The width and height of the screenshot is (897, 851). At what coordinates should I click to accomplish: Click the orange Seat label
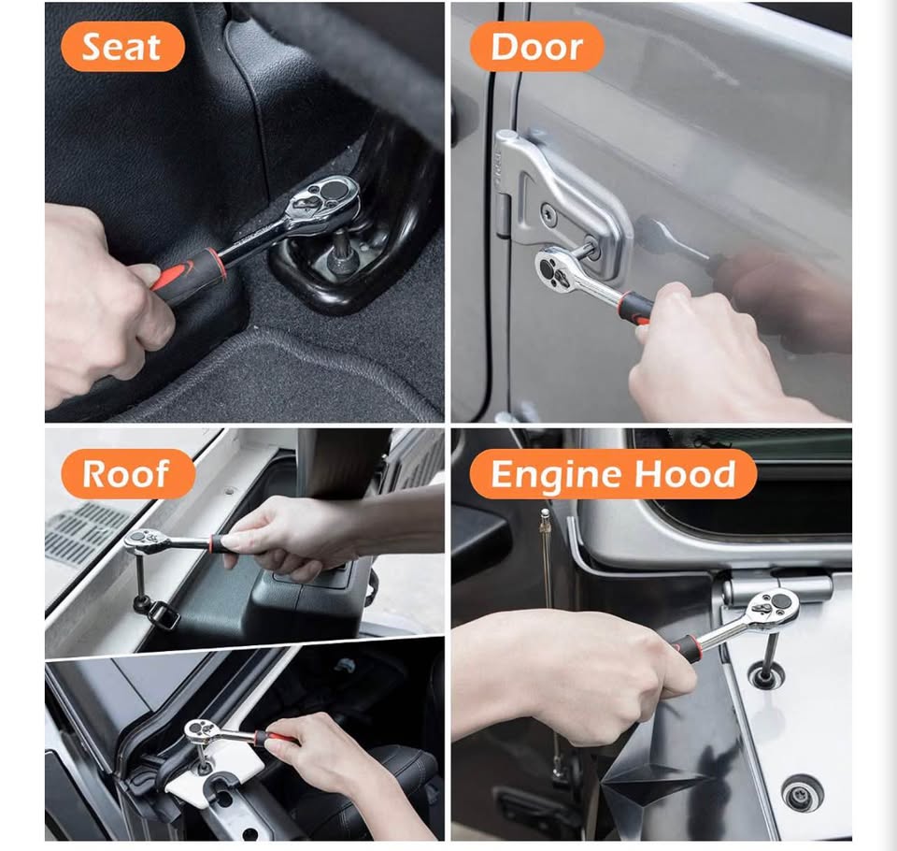(122, 47)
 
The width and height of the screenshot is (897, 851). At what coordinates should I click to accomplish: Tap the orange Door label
(536, 47)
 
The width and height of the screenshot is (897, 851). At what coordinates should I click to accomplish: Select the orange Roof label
(128, 473)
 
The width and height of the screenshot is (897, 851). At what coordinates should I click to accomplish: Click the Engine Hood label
(613, 473)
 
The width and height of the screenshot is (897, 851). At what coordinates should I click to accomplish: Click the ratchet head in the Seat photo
(324, 202)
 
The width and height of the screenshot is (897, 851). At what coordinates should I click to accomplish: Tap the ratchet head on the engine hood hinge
(773, 608)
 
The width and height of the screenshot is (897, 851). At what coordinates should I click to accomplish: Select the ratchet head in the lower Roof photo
(200, 730)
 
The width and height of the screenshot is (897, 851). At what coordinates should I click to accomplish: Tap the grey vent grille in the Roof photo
(87, 532)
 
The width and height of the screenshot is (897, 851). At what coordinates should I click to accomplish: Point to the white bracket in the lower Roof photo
(218, 768)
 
